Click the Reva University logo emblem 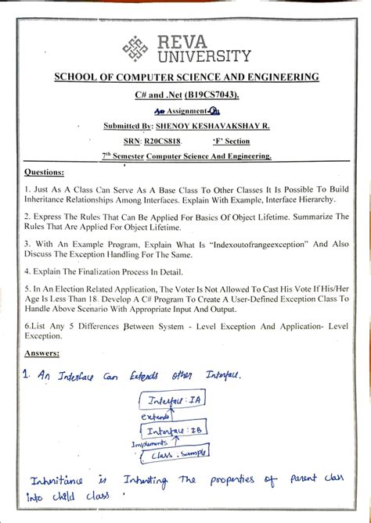(x=135, y=48)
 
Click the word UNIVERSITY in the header (x=204, y=56)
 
